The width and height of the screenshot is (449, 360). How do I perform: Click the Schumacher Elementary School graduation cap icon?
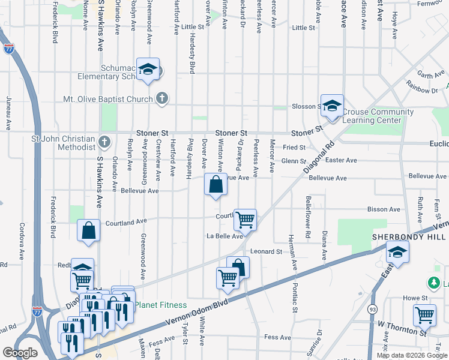pos(146,70)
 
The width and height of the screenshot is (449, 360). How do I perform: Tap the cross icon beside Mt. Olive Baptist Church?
pos(161,98)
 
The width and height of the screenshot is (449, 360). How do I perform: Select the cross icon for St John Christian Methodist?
pos(104,142)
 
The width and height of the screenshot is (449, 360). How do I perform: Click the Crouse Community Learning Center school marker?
pos(332,106)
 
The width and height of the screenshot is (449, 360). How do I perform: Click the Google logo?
pos(20,352)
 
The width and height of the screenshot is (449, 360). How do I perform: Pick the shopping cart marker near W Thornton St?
pos(424,315)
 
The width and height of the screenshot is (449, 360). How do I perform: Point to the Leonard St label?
pos(267,251)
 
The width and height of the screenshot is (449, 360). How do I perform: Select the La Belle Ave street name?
pos(225,236)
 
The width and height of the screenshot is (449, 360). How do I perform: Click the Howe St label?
pos(415,298)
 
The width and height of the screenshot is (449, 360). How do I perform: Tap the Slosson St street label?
pos(304,106)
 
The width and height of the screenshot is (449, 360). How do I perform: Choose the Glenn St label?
pos(294,161)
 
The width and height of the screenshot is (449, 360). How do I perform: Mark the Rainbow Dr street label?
pos(422,87)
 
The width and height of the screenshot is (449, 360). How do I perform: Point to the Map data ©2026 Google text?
pos(411,355)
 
